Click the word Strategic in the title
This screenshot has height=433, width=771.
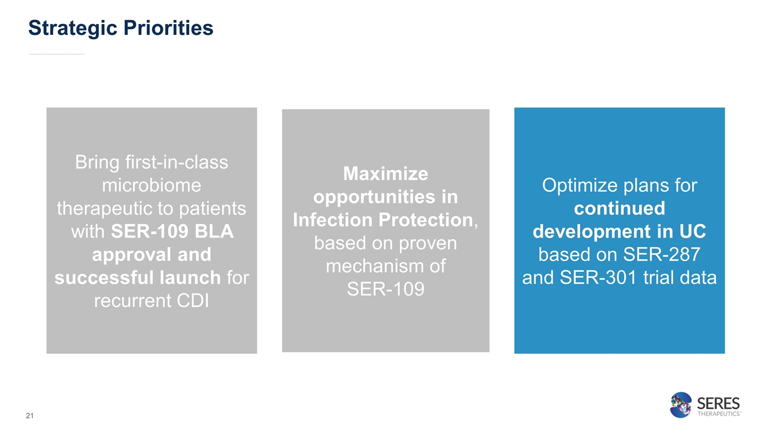73,28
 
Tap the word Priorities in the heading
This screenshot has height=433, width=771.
168,28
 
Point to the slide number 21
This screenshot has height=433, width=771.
30,416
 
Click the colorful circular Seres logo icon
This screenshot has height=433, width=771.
681,405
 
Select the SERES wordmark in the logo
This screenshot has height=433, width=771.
719,404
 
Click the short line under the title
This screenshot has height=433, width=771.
57,54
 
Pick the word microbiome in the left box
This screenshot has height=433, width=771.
151,185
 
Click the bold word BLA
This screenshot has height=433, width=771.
214,232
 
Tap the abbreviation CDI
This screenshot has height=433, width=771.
193,301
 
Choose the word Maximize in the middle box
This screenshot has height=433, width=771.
385,174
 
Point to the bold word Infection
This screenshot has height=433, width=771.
333,220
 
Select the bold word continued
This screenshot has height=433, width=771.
620,208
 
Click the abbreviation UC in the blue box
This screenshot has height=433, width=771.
693,232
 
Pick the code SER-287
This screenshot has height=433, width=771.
661,254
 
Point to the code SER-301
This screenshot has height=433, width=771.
598,278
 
